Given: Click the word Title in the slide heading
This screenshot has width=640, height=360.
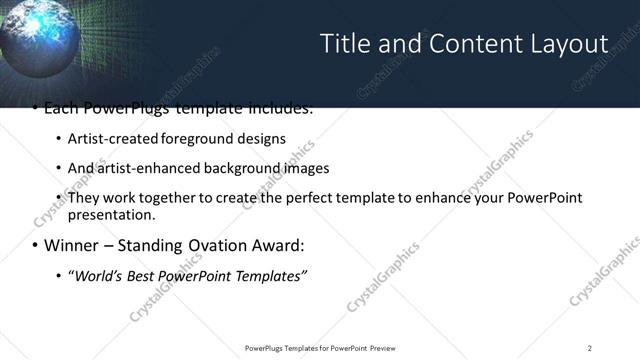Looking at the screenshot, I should tap(343, 44).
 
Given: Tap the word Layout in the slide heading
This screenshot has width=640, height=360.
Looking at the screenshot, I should tap(566, 44).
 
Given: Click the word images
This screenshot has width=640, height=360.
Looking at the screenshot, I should tap(290, 168).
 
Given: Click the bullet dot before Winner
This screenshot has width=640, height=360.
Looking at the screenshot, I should tap(35, 246).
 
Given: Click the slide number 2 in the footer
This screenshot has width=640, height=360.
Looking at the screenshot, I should tap(589, 347).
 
